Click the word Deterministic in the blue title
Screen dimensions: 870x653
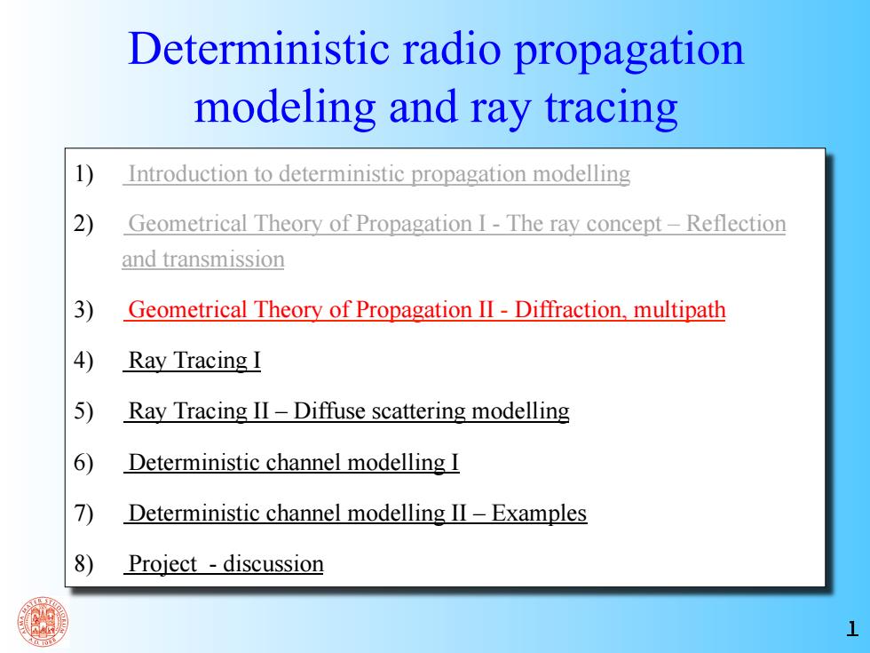[x=258, y=49]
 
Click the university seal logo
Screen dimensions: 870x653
[x=43, y=622]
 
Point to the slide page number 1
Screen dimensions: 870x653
[x=851, y=629]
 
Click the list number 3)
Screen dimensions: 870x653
[x=83, y=310]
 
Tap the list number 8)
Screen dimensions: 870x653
[x=83, y=563]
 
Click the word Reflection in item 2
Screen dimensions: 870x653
[x=736, y=224]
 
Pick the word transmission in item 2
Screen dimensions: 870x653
[x=224, y=259]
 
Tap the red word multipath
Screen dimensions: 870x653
[x=680, y=310]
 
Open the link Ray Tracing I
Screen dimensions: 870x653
[x=194, y=361]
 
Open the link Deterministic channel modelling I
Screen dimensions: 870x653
[x=294, y=463]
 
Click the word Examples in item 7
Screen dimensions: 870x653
[x=539, y=514]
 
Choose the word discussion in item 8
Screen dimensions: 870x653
[x=273, y=564]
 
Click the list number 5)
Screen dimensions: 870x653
[x=83, y=411]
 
